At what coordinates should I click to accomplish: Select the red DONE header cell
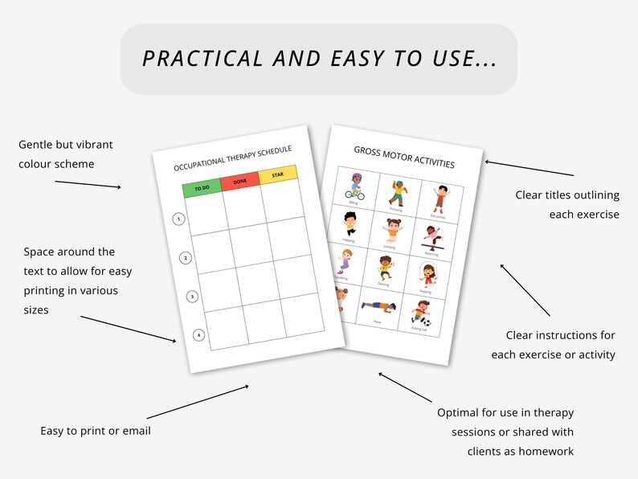tap(240, 181)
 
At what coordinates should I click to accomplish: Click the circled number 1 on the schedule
tap(178, 219)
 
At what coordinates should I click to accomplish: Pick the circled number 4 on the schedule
tap(198, 335)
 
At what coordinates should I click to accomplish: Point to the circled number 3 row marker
tap(192, 297)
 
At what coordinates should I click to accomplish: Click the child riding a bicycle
tap(354, 185)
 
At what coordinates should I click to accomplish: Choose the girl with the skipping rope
tap(426, 276)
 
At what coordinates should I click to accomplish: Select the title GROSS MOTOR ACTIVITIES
tap(404, 157)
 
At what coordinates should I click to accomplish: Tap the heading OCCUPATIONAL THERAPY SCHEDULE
tap(233, 158)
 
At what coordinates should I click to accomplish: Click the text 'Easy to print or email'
tap(96, 432)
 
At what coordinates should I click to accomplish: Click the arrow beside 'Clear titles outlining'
tap(530, 168)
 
